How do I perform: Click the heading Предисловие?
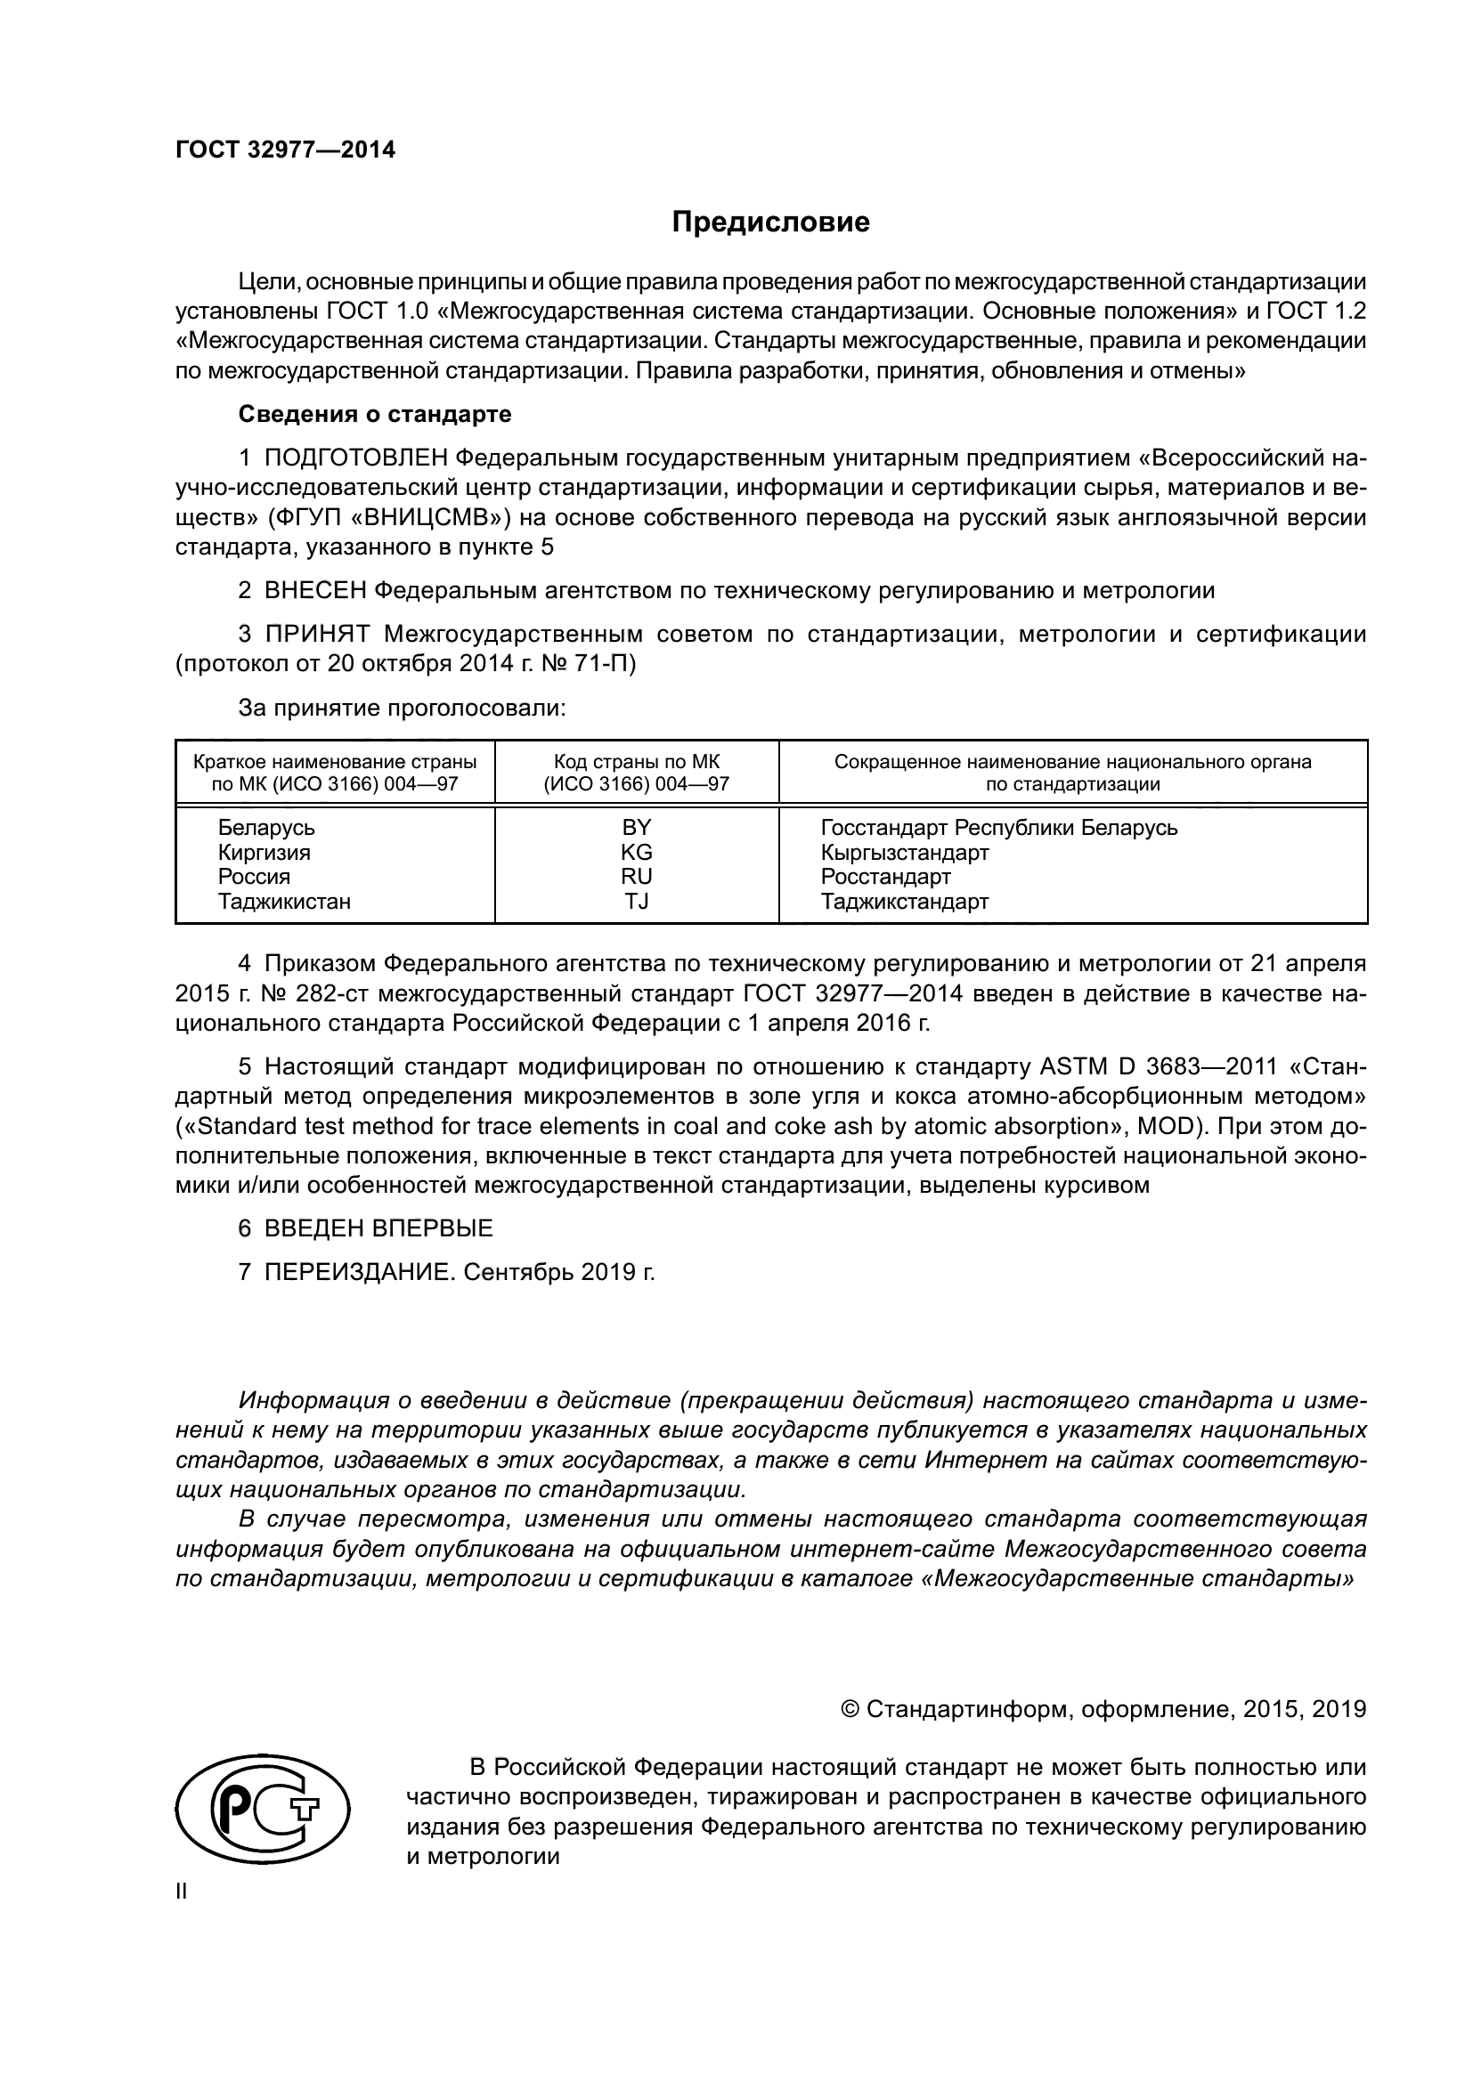(x=770, y=223)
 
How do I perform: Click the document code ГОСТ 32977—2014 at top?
(x=285, y=150)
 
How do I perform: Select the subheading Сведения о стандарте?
(x=375, y=415)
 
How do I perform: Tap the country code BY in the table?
(x=636, y=827)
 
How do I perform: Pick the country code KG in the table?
(x=636, y=853)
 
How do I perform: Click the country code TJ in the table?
(x=636, y=902)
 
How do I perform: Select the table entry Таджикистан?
(x=284, y=902)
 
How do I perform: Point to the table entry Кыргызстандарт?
(x=904, y=853)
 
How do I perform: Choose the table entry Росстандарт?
(x=885, y=877)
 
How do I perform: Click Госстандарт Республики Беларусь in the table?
(x=998, y=827)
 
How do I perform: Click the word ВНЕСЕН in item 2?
(x=315, y=591)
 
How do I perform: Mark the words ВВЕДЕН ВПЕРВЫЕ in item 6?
(x=378, y=1228)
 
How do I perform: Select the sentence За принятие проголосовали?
(x=402, y=709)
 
